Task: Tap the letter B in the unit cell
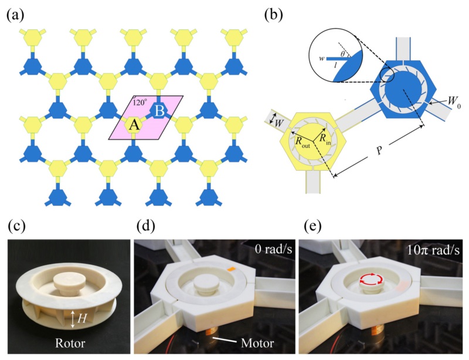tap(159, 111)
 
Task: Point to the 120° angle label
tap(140, 101)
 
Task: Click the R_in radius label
tap(326, 138)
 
